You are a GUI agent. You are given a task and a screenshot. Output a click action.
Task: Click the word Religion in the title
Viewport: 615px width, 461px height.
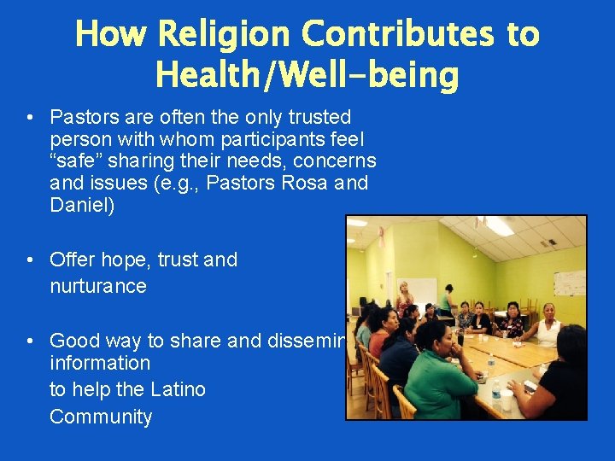point(225,34)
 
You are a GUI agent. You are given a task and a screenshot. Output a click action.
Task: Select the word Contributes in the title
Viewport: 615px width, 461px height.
point(396,34)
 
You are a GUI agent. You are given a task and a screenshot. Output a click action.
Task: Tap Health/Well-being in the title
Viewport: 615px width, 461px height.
point(307,75)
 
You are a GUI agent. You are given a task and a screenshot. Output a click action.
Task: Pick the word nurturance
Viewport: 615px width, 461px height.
point(98,286)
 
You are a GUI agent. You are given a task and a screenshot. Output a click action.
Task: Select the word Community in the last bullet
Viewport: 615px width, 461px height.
point(101,417)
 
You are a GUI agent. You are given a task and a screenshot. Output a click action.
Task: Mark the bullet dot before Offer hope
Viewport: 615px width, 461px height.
point(30,260)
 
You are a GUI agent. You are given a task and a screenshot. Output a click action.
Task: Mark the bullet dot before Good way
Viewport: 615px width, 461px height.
point(30,341)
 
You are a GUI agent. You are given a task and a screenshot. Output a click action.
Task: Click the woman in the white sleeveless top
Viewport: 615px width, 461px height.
point(548,324)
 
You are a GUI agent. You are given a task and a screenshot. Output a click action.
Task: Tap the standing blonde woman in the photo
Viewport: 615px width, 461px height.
point(402,299)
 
